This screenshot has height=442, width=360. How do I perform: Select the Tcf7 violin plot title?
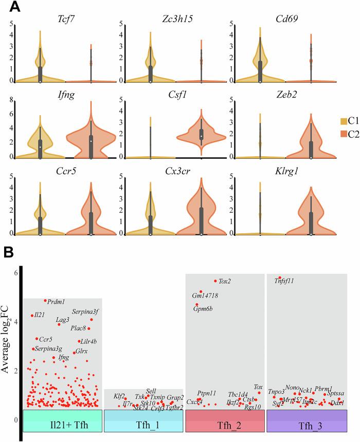64,19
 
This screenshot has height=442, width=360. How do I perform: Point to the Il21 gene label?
40,315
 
